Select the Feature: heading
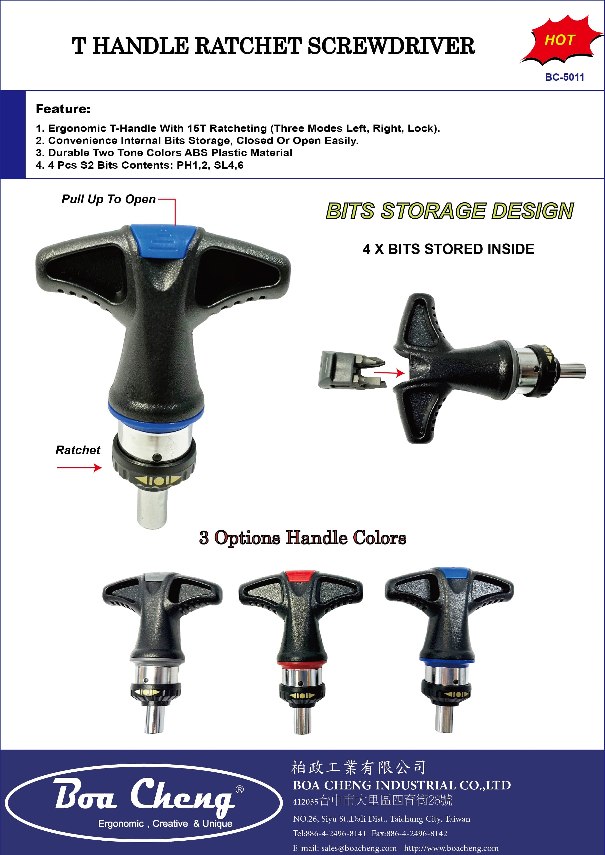click(x=63, y=109)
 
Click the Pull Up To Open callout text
click(x=109, y=199)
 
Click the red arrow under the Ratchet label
click(x=79, y=468)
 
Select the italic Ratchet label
click(x=78, y=450)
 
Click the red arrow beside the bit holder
click(x=389, y=372)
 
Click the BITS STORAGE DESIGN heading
click(x=450, y=211)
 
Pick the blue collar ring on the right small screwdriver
click(x=447, y=660)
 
